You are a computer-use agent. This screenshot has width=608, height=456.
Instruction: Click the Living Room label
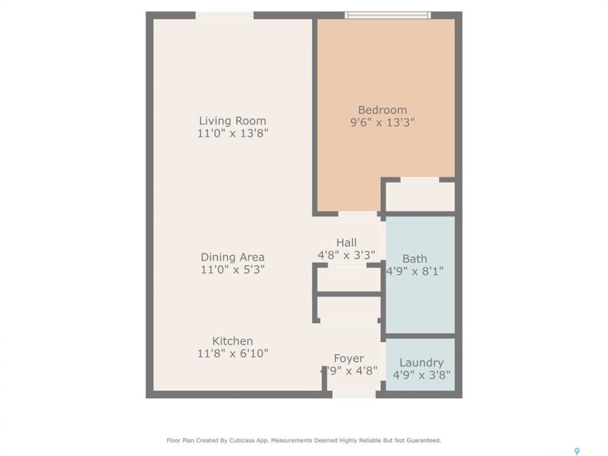pos(232,120)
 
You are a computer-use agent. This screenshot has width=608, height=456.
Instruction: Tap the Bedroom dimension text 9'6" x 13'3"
pos(383,122)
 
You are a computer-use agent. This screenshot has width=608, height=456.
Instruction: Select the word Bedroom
pos(383,110)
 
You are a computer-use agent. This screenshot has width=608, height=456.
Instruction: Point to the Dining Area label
pos(232,257)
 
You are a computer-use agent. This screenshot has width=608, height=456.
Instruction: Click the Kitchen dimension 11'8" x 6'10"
pos(232,353)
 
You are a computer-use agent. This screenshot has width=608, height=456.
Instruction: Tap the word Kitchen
pos(232,341)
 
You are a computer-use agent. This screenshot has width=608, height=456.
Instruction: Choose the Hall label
pos(346,243)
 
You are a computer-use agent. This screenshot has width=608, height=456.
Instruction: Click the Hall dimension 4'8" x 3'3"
pos(346,255)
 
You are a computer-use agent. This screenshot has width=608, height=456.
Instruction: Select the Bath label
pos(414,258)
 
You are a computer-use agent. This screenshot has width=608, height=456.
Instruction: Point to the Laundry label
pos(422,362)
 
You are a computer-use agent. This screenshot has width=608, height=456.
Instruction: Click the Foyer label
pos(348,358)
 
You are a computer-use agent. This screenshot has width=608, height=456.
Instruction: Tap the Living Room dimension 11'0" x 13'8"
pos(232,134)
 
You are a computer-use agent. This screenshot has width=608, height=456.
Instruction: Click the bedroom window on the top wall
pos(388,15)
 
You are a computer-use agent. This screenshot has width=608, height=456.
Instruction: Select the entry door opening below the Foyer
pos(354,395)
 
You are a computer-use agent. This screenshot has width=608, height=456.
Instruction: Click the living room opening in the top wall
pos(224,15)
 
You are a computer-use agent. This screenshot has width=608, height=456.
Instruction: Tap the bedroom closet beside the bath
pos(420,197)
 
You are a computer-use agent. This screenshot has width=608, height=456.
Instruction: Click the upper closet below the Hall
pos(348,279)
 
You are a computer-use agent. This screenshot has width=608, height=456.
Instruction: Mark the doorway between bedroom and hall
pos(357,214)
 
